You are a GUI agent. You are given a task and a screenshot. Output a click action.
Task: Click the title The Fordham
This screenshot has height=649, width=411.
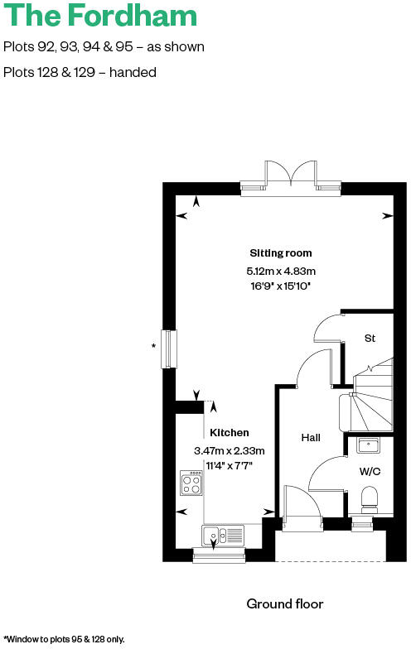[101, 16]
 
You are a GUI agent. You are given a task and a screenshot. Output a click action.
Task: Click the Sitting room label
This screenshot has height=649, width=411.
[281, 252]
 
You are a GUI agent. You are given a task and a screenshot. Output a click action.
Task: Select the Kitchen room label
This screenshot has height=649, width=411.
[229, 433]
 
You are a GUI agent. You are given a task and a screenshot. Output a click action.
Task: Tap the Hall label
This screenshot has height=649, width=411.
[311, 438]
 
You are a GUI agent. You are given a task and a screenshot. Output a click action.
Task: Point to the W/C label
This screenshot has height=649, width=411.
[370, 472]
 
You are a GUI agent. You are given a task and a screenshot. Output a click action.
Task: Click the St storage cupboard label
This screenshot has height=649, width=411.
[370, 338]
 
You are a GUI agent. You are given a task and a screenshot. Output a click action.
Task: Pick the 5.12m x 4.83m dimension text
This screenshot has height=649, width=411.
[282, 271]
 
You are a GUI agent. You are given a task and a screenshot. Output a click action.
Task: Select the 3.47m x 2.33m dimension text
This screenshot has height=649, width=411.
[229, 451]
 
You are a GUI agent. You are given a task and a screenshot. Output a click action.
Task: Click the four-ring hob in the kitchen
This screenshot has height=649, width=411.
[191, 483]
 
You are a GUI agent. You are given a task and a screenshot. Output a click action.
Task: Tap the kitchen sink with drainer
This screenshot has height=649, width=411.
[223, 536]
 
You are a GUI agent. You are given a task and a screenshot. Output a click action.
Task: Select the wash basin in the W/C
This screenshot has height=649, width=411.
[369, 445]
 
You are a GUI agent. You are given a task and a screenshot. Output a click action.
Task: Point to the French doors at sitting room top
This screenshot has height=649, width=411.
[290, 177]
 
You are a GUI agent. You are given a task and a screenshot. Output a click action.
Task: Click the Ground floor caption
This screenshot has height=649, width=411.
[285, 604]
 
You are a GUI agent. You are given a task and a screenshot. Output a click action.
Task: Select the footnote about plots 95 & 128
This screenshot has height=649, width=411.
[65, 639]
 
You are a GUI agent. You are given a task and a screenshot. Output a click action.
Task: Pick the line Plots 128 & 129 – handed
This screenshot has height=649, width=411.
[80, 72]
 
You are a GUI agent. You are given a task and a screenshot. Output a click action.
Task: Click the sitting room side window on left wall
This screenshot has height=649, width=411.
[170, 349]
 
